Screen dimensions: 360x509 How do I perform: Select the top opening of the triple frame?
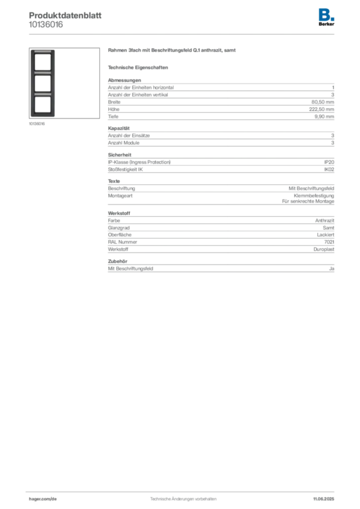[x=42, y=62]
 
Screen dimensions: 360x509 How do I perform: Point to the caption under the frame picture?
[x=38, y=124]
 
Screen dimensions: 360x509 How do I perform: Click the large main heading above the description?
[x=173, y=52]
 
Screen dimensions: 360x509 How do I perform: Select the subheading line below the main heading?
[x=139, y=67]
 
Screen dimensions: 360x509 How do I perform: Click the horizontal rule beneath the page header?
[x=182, y=34]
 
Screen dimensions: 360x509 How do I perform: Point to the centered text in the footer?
[x=182, y=496]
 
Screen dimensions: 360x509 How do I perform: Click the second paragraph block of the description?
[x=220, y=137]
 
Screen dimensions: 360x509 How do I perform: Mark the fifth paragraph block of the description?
[x=220, y=233]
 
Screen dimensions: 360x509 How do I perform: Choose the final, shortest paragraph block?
[x=220, y=267]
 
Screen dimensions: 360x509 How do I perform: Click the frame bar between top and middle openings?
[x=42, y=73]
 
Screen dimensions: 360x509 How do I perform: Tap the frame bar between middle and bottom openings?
[x=42, y=93]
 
